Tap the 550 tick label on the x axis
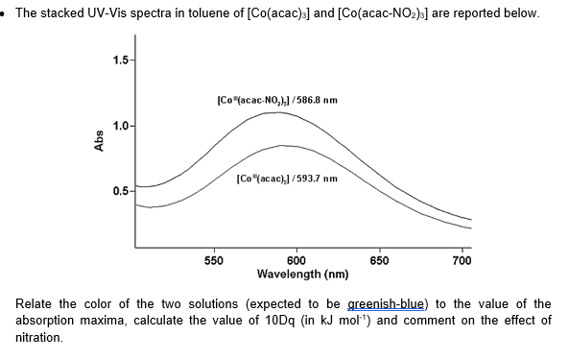(x=215, y=260)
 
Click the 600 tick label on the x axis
(x=296, y=260)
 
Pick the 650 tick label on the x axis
(x=380, y=260)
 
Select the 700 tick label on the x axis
(x=462, y=260)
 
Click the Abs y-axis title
(x=99, y=143)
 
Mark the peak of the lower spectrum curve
(x=285, y=146)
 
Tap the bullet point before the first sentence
(x=6, y=14)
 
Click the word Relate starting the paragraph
(x=36, y=304)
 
